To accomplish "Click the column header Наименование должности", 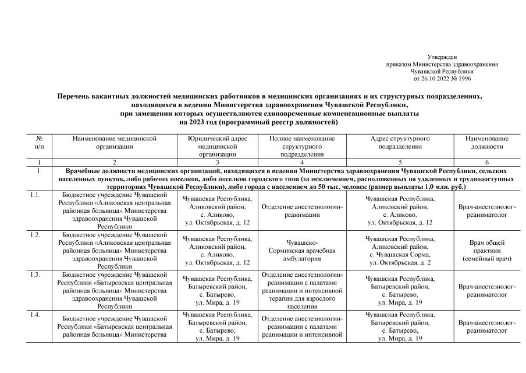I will pos(486,143).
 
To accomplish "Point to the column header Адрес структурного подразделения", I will pos(400,143).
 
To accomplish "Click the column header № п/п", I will pos(40,143).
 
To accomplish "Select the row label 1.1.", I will pos(35,195).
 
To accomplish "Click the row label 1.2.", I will pos(35,235).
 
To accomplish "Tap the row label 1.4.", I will pos(35,315).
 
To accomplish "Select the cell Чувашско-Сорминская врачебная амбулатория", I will pos(302,250).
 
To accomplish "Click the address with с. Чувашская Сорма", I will pos(400,255).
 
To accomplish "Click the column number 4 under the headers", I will pos(302,161).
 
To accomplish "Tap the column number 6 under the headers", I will pos(486,161).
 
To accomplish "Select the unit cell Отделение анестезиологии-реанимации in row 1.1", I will pos(302,210).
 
